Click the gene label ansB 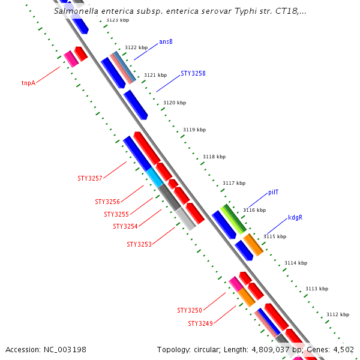point(166,42)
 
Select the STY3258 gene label point(193,74)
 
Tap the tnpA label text point(28,83)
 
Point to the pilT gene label point(273,192)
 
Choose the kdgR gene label point(295,218)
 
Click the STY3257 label point(90,179)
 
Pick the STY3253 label point(139,245)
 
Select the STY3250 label point(190,311)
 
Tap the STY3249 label point(200,324)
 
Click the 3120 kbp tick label point(175,103)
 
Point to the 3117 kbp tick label point(233,183)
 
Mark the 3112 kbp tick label point(337,314)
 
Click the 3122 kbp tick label point(136,47)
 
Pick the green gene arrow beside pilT point(233,219)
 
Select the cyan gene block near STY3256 point(155,177)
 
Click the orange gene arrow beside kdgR point(253,245)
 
